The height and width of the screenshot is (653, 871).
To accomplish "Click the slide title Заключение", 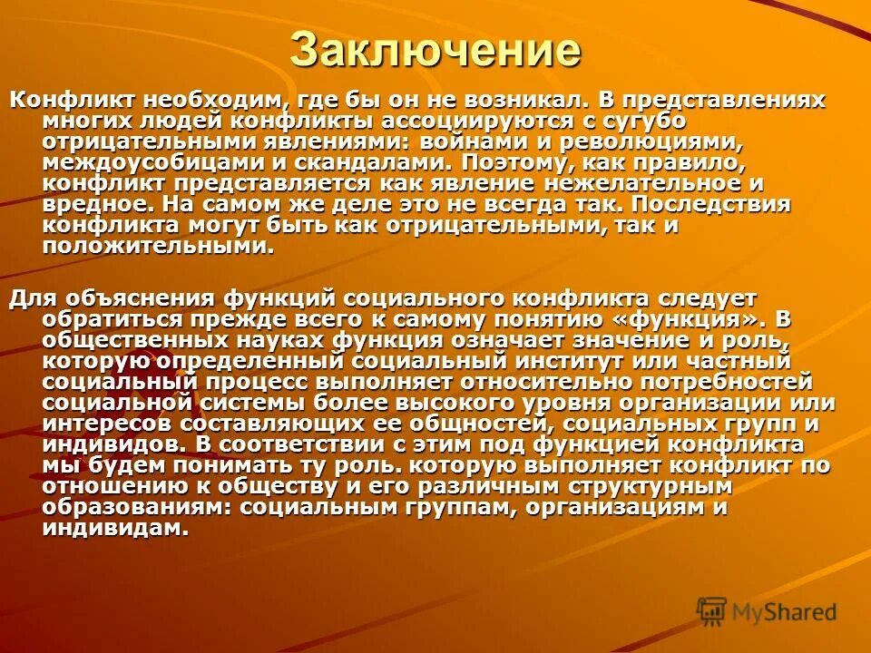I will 435,49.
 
